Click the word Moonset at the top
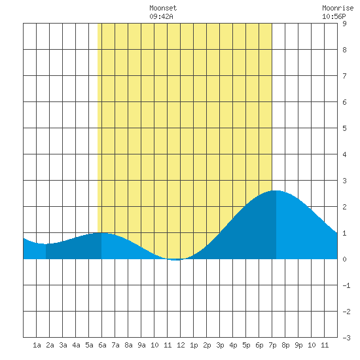[x=163, y=8]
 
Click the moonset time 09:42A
[x=161, y=16]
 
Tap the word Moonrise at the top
[x=338, y=8]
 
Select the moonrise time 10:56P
[x=334, y=16]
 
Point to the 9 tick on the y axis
[x=344, y=24]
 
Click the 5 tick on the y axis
[x=344, y=128]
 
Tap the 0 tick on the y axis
[x=344, y=259]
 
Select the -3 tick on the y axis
[x=346, y=338]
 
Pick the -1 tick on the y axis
[x=346, y=285]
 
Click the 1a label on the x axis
[x=37, y=345]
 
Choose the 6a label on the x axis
[x=102, y=345]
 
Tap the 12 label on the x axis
[x=181, y=345]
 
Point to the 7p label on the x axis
[x=272, y=345]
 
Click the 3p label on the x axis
[x=220, y=345]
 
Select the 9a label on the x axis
[x=141, y=345]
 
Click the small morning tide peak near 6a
[x=101, y=232]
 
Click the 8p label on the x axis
[x=285, y=345]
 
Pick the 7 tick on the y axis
[x=344, y=76]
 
